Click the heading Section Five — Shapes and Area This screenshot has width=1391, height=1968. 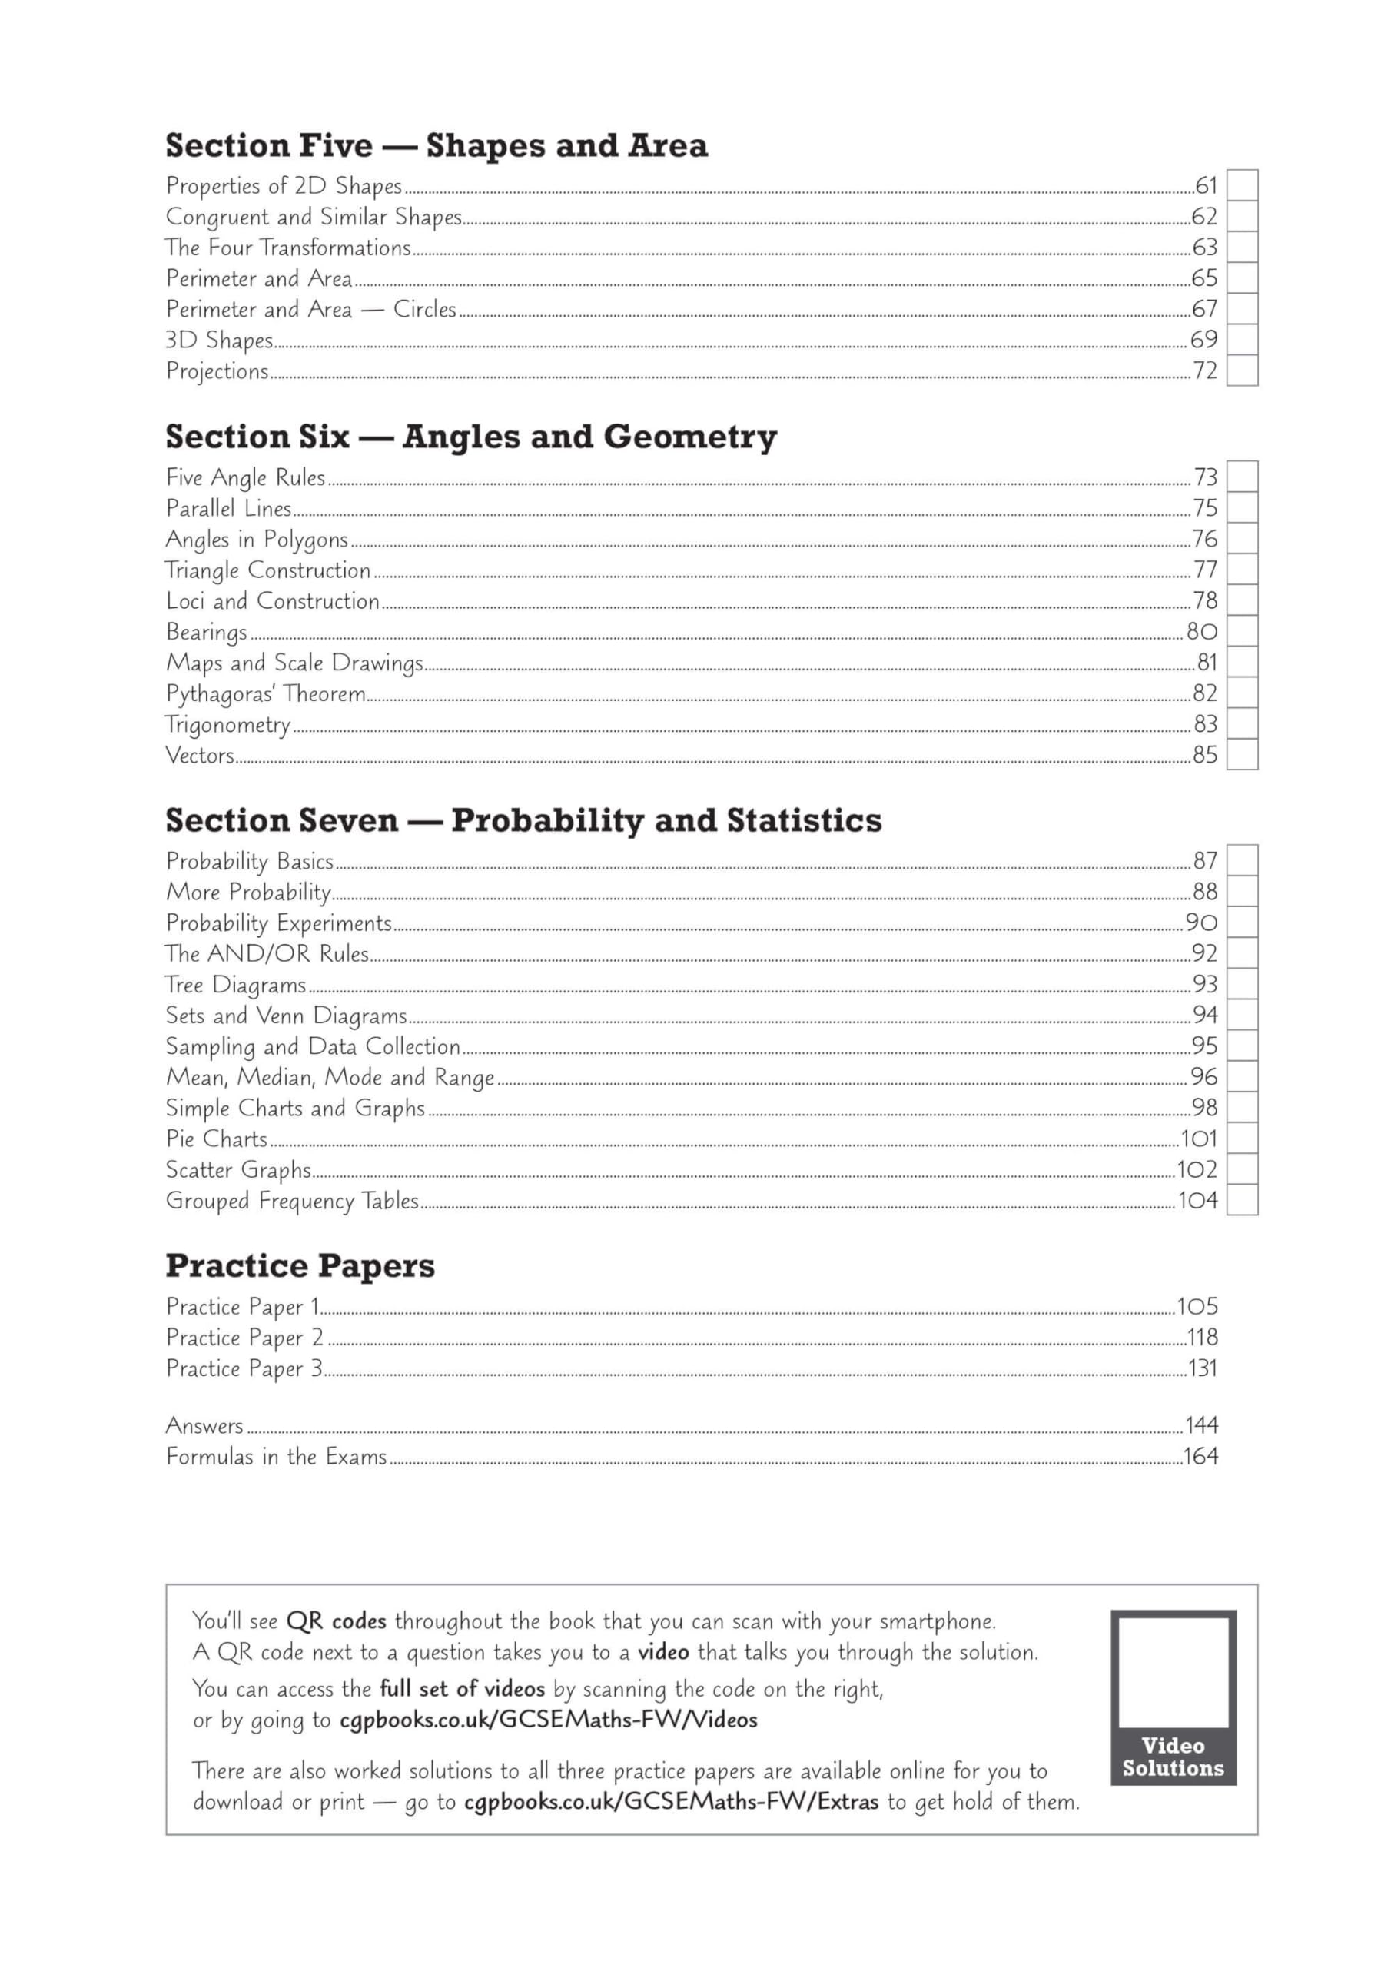pos(437,146)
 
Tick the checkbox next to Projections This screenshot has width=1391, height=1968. pos(1242,371)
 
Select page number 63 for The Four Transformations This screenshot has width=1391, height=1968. pos(1204,248)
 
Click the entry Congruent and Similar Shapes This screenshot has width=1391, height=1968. pos(314,217)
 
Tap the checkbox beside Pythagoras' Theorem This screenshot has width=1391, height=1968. pos(1242,693)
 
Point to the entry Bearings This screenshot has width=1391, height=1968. pos(207,632)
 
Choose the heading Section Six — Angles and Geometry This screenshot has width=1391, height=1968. pos(470,437)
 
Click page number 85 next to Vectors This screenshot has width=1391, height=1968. pos(1204,755)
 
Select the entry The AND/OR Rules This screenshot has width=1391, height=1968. pos(267,953)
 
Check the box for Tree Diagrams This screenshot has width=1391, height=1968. pos(1242,984)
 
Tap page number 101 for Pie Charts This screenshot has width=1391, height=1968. pos(1199,1139)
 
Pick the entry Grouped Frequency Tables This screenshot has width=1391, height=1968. pos(292,1200)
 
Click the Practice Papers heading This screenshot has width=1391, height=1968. pos(300,1266)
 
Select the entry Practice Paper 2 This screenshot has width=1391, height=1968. pos(245,1337)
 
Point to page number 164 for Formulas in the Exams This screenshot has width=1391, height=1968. pos(1200,1456)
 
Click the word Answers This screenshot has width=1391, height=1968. pos(205,1425)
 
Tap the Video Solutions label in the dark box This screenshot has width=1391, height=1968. pos(1173,1757)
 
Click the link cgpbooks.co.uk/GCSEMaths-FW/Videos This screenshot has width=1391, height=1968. pos(549,1720)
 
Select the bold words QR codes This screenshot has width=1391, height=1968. pos(336,1621)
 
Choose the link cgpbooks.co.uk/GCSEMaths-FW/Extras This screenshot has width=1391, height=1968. pos(671,1801)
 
